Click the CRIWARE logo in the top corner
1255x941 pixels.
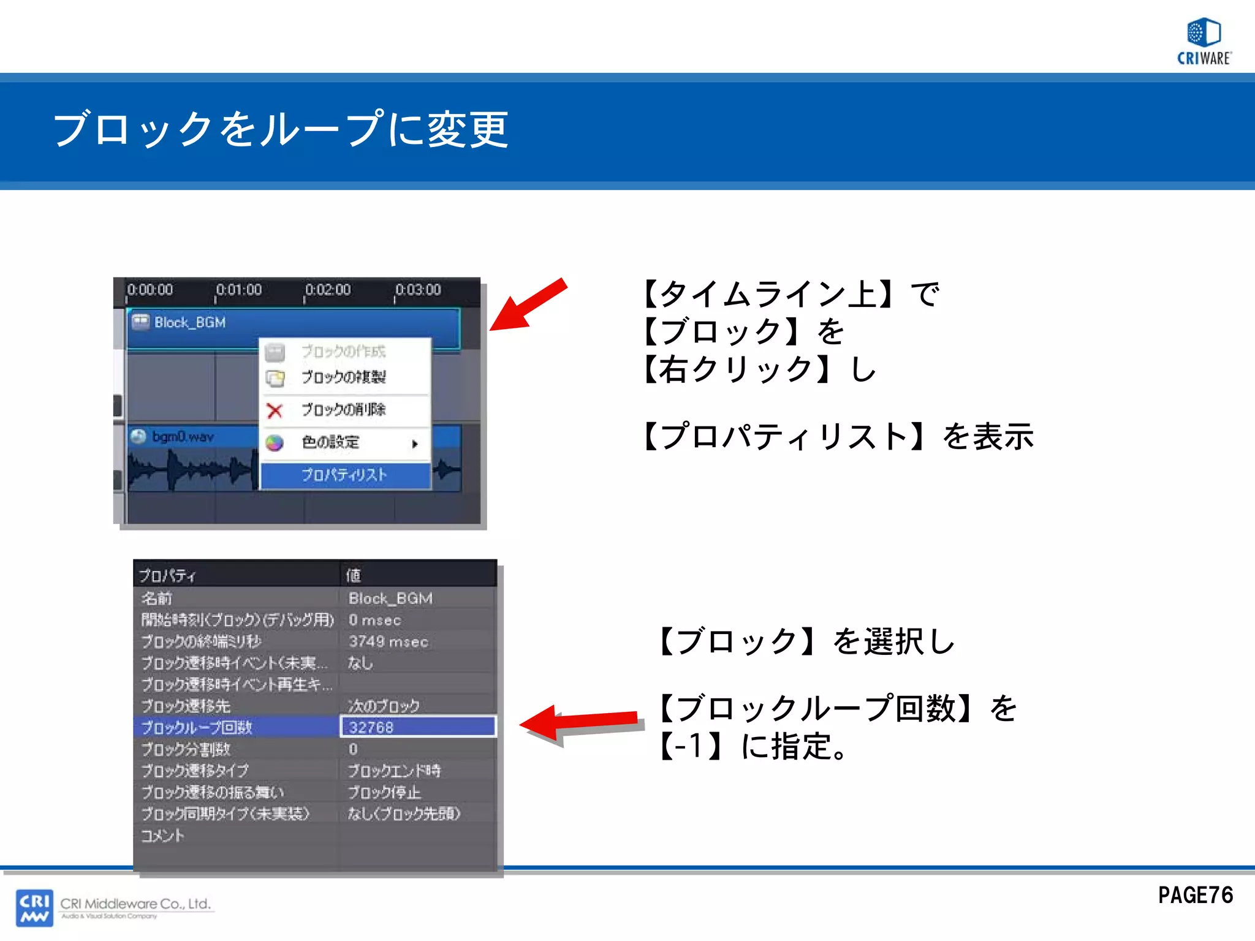(1204, 41)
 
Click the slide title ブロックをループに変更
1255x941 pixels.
(281, 129)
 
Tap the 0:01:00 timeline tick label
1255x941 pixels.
(238, 290)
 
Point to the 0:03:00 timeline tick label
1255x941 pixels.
(417, 290)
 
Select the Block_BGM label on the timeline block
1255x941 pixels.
(189, 322)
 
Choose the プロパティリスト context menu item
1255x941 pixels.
(344, 475)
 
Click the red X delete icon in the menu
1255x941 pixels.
(275, 410)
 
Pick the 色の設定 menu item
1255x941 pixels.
(331, 442)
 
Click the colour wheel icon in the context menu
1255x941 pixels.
(275, 442)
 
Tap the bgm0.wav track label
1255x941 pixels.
(183, 437)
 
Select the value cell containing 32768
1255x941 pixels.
(417, 727)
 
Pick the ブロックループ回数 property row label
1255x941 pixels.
(197, 728)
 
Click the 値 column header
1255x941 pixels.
(354, 575)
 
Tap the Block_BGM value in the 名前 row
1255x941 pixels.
(390, 599)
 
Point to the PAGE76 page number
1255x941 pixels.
(1195, 896)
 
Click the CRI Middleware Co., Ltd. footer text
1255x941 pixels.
(135, 904)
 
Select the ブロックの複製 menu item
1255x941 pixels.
(343, 377)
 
